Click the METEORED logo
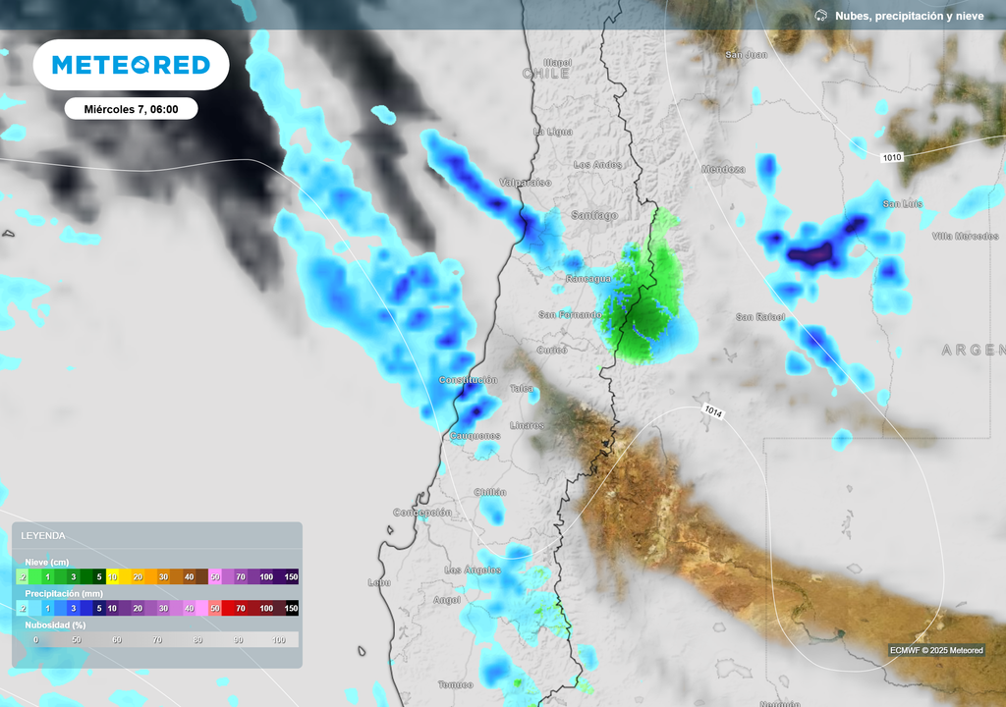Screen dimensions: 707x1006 [131, 65]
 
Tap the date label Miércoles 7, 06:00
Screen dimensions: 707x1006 [131, 109]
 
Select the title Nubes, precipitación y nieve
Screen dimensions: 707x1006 [909, 16]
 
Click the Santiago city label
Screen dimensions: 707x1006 [594, 215]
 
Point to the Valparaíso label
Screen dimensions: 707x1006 [526, 183]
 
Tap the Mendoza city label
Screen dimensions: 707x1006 [723, 170]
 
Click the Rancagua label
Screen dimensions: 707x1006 [588, 279]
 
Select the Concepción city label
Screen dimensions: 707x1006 [422, 513]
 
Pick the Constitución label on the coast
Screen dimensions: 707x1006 [469, 380]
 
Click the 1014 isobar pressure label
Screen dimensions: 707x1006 [713, 412]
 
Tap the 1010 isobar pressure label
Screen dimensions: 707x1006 [892, 157]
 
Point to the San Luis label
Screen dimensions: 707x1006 [903, 204]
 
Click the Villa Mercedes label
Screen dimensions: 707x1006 [965, 237]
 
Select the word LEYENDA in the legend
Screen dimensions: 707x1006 [43, 536]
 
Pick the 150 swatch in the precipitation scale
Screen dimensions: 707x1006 [291, 609]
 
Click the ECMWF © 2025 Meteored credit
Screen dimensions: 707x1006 [935, 650]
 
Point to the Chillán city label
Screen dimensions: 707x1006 [490, 492]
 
